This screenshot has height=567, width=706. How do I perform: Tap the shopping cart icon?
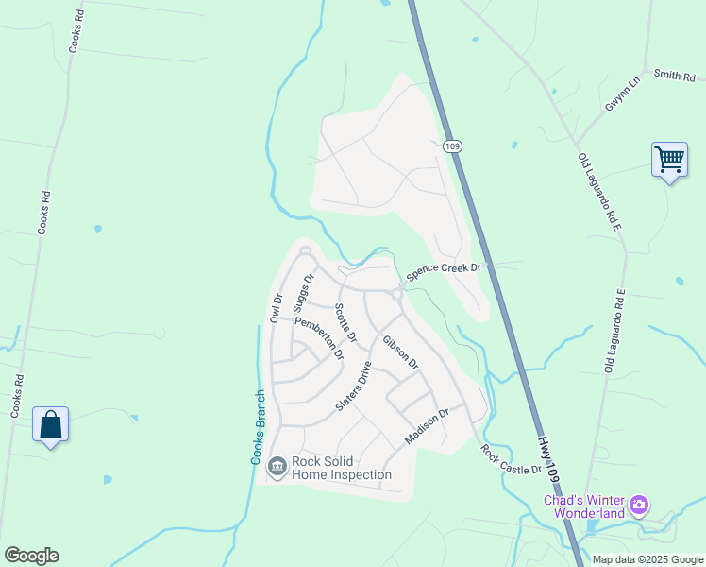(669, 160)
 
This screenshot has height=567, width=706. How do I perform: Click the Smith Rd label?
(673, 75)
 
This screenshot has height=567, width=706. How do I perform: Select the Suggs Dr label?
(303, 293)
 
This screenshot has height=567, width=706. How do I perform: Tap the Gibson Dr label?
(400, 351)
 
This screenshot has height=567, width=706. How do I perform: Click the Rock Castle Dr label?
(511, 459)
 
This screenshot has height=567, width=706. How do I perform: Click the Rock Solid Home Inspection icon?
(277, 465)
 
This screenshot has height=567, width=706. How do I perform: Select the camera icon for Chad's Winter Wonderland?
(639, 507)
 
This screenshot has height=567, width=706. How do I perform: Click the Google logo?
(31, 556)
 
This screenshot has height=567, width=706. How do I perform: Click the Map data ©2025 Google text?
(647, 559)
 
